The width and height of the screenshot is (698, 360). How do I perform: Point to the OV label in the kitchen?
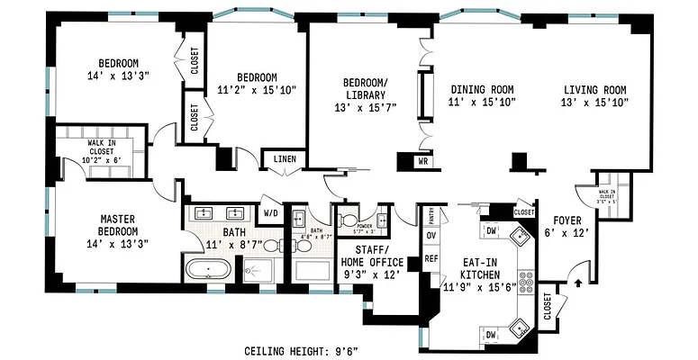(431, 235)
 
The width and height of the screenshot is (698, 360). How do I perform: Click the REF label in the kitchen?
(431, 257)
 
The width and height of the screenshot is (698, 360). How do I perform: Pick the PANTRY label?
(431, 217)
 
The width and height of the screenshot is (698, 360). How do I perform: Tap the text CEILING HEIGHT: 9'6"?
(307, 350)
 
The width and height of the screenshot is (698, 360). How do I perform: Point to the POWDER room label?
(363, 227)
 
